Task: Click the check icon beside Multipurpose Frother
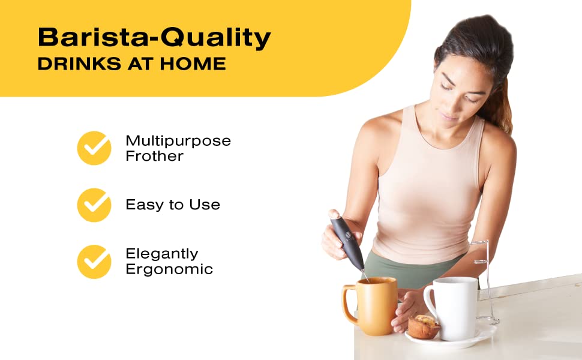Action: [94, 148]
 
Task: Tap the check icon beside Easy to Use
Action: [94, 205]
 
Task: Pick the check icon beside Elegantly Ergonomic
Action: [94, 262]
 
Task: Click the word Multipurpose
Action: [178, 141]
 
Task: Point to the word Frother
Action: [154, 156]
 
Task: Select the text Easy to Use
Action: [173, 205]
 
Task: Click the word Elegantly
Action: [161, 254]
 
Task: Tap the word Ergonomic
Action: [169, 269]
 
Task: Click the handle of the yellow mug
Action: [349, 306]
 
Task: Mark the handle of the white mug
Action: [429, 300]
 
